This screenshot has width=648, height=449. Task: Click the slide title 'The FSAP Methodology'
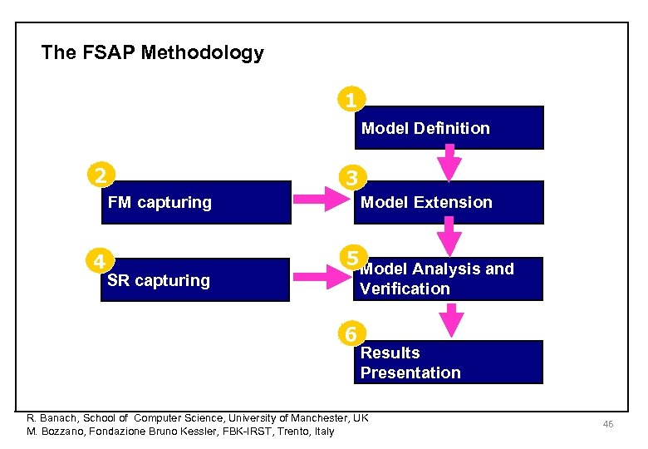[x=152, y=53]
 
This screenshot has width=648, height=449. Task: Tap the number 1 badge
[x=351, y=101]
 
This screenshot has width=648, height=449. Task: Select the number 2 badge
[x=100, y=175]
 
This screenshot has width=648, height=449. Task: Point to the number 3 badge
[x=352, y=178]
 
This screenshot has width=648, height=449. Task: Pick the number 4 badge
[x=98, y=260]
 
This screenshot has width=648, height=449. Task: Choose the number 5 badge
[x=352, y=255]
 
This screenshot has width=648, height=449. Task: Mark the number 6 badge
[x=352, y=333]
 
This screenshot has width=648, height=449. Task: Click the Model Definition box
[x=449, y=128]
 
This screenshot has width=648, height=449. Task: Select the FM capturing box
[x=196, y=203]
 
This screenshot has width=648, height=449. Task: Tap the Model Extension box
[x=449, y=203]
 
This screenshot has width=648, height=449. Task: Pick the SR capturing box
[x=196, y=280]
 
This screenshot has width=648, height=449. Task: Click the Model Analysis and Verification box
[x=449, y=279]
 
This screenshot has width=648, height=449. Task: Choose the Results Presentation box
[x=449, y=363]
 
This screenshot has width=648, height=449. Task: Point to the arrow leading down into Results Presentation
[x=451, y=319]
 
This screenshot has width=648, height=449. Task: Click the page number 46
[x=608, y=425]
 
